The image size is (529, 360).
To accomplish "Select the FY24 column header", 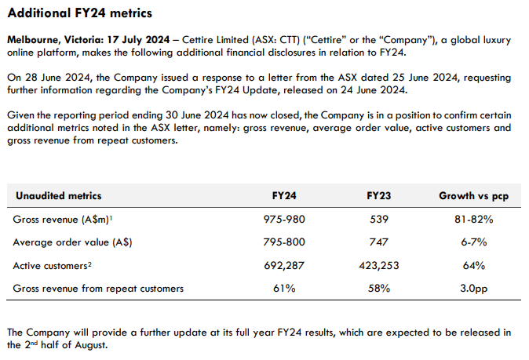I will pos(283,195).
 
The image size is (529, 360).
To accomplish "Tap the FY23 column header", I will pos(379,195).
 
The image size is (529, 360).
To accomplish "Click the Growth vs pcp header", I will pos(473,195).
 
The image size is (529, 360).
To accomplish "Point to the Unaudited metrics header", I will pos(59,195).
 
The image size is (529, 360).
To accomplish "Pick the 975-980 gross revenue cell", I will pos(283,220).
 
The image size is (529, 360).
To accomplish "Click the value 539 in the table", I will pos(379,220).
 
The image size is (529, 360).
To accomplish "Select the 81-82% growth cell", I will pos(473,220).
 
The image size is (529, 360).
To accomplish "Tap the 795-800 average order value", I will pos(283,242).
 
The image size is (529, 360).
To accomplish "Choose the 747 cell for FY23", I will pos(379,242).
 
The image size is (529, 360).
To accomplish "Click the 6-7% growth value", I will pos(473,242).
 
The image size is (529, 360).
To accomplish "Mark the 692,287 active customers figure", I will pos(283,265).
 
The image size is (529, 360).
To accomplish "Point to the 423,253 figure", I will pos(379,265).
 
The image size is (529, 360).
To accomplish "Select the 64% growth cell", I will pos(473,265).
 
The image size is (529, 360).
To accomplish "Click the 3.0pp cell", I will pos(473,288).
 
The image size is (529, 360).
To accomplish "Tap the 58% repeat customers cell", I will pos(379,288).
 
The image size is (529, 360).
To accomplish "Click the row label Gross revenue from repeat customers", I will pos(99,288).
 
